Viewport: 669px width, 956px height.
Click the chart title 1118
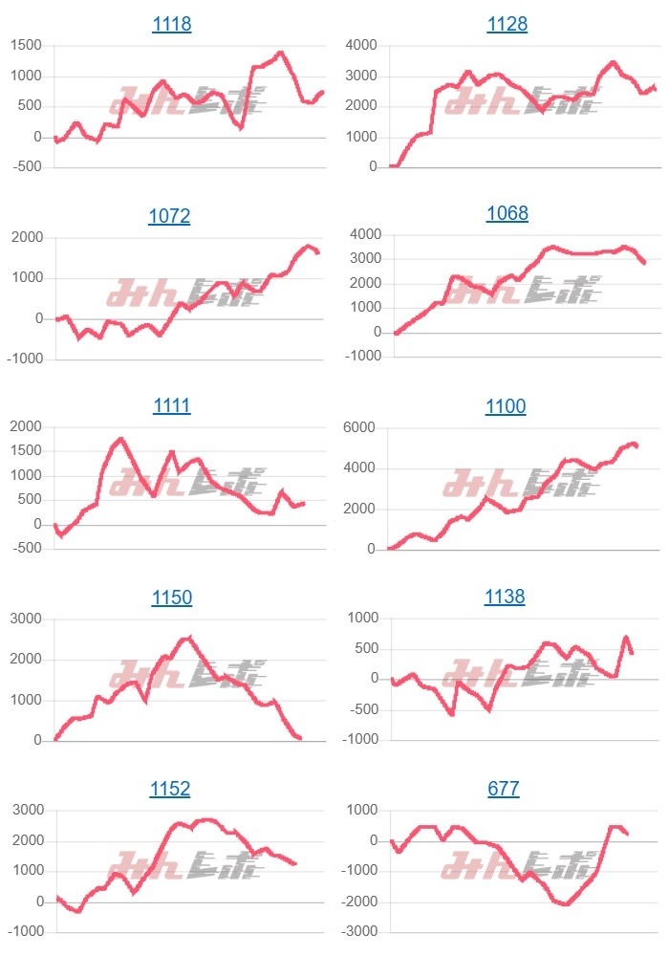(172, 25)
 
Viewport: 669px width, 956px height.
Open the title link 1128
(507, 25)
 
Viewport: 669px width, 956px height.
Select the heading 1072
(169, 216)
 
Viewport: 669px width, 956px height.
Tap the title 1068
(507, 213)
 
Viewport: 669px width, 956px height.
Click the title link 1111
(172, 406)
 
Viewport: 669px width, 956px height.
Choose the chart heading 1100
(506, 406)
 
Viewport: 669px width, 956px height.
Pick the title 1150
(172, 597)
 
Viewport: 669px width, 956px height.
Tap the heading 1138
(506, 597)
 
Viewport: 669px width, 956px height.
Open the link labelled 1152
(170, 789)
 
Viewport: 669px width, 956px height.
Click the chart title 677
(504, 789)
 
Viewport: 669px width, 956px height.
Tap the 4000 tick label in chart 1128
(359, 45)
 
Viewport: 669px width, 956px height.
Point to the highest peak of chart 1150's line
(190, 638)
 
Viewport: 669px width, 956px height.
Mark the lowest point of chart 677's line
(566, 903)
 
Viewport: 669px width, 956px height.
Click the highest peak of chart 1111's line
(121, 440)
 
